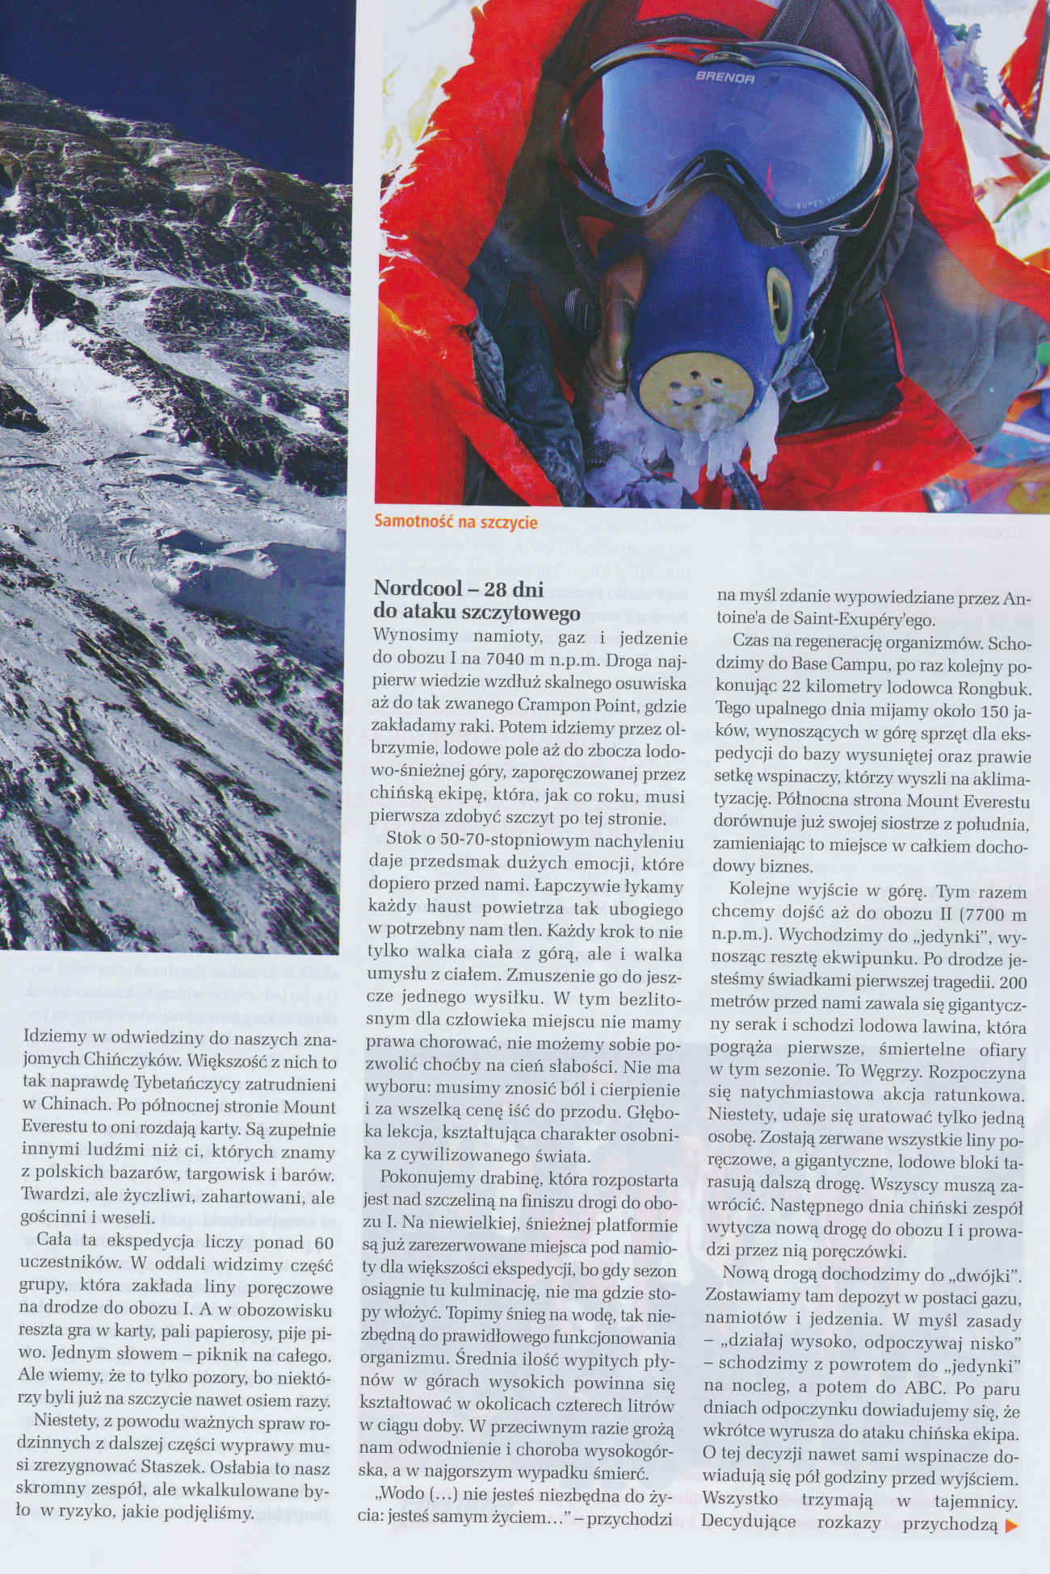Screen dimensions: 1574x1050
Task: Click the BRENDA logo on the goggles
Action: click(724, 78)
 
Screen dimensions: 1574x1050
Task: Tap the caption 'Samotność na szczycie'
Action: click(456, 522)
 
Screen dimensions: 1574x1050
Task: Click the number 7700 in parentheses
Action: click(965, 916)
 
